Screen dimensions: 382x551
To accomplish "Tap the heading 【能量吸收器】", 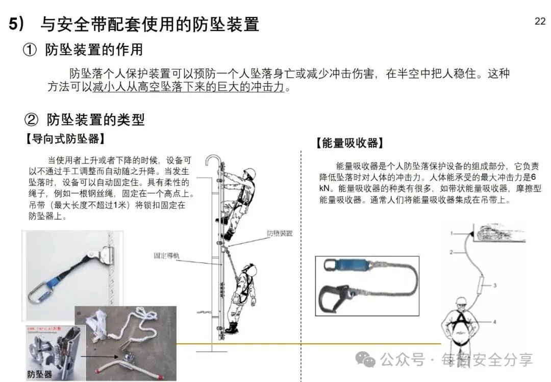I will tap(349, 143).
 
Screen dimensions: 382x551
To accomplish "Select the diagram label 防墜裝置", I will tap(280, 233).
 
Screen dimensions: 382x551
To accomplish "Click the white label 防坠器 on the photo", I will tap(40, 374).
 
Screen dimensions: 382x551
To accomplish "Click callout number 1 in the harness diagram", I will tap(451, 233).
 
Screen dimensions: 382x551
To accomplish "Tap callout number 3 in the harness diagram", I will tap(494, 284).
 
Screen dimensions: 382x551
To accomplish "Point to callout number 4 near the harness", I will tap(494, 322).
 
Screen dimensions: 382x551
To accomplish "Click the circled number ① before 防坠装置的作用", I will tap(30, 50).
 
